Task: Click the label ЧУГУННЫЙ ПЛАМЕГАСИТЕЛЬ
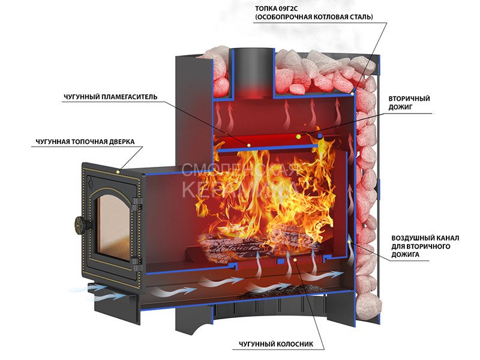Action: click(110, 97)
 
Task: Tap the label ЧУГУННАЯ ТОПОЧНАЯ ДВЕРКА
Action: click(85, 142)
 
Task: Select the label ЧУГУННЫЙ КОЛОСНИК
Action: click(276, 344)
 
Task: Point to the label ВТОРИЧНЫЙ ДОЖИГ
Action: click(409, 103)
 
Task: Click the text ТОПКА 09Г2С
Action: click(276, 9)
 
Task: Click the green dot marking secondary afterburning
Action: click(298, 137)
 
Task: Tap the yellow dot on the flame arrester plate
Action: click(249, 145)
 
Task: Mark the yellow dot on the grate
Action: click(295, 260)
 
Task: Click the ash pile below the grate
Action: click(275, 292)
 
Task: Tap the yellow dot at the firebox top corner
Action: click(353, 94)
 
